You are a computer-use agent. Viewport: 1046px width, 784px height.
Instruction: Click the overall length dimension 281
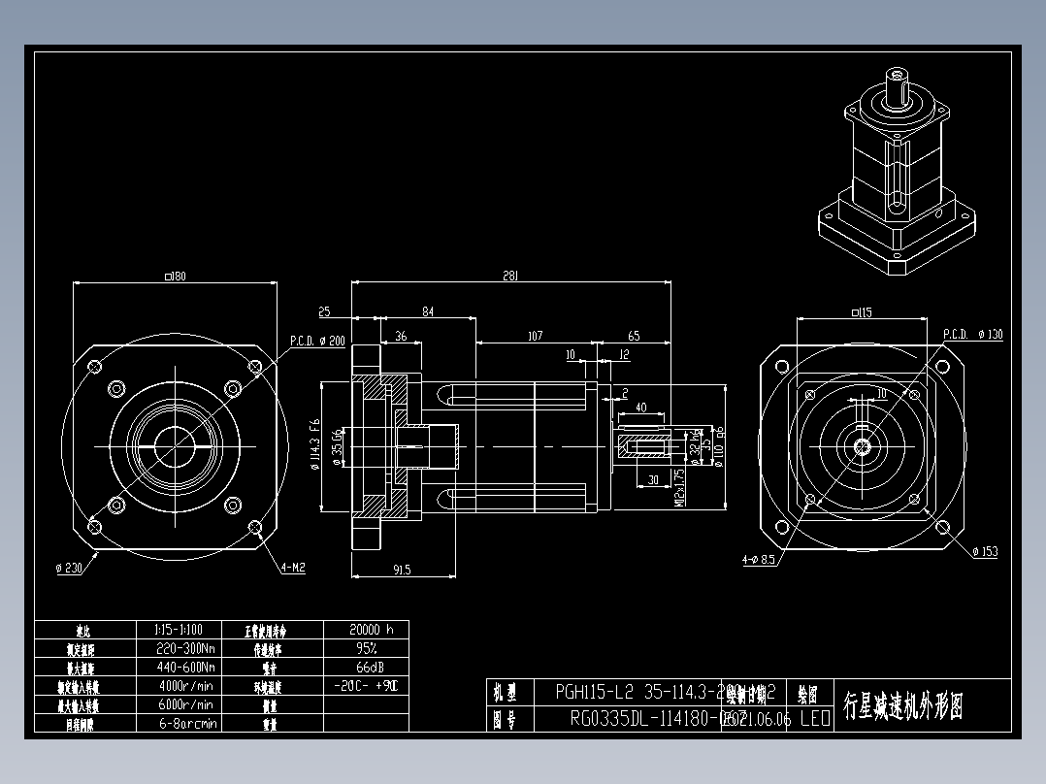coord(510,277)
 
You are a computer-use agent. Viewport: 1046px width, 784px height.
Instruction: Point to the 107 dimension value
coord(534,337)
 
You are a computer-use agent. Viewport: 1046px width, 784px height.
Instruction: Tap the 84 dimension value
coord(427,311)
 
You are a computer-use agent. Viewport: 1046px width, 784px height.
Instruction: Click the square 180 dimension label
coord(176,277)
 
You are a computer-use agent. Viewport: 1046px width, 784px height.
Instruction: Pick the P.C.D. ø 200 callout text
coord(317,341)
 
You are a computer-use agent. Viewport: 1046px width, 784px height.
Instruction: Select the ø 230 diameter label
coord(72,568)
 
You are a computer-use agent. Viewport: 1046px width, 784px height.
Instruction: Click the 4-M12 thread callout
coord(293,568)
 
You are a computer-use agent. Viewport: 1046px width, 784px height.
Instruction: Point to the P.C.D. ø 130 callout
coord(972,335)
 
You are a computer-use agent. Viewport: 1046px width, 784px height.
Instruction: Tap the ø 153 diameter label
coord(985,552)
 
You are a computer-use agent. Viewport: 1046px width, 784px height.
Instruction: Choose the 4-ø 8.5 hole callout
coord(758,560)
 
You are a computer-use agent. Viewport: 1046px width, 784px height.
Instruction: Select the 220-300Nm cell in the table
coord(185,648)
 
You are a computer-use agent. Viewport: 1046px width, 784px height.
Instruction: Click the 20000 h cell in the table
coord(367,630)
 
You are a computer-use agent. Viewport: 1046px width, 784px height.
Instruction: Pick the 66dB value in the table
coord(367,668)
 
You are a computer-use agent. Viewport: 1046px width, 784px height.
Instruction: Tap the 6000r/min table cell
coord(185,704)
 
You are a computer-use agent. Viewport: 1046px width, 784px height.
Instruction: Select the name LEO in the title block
coord(815,720)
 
